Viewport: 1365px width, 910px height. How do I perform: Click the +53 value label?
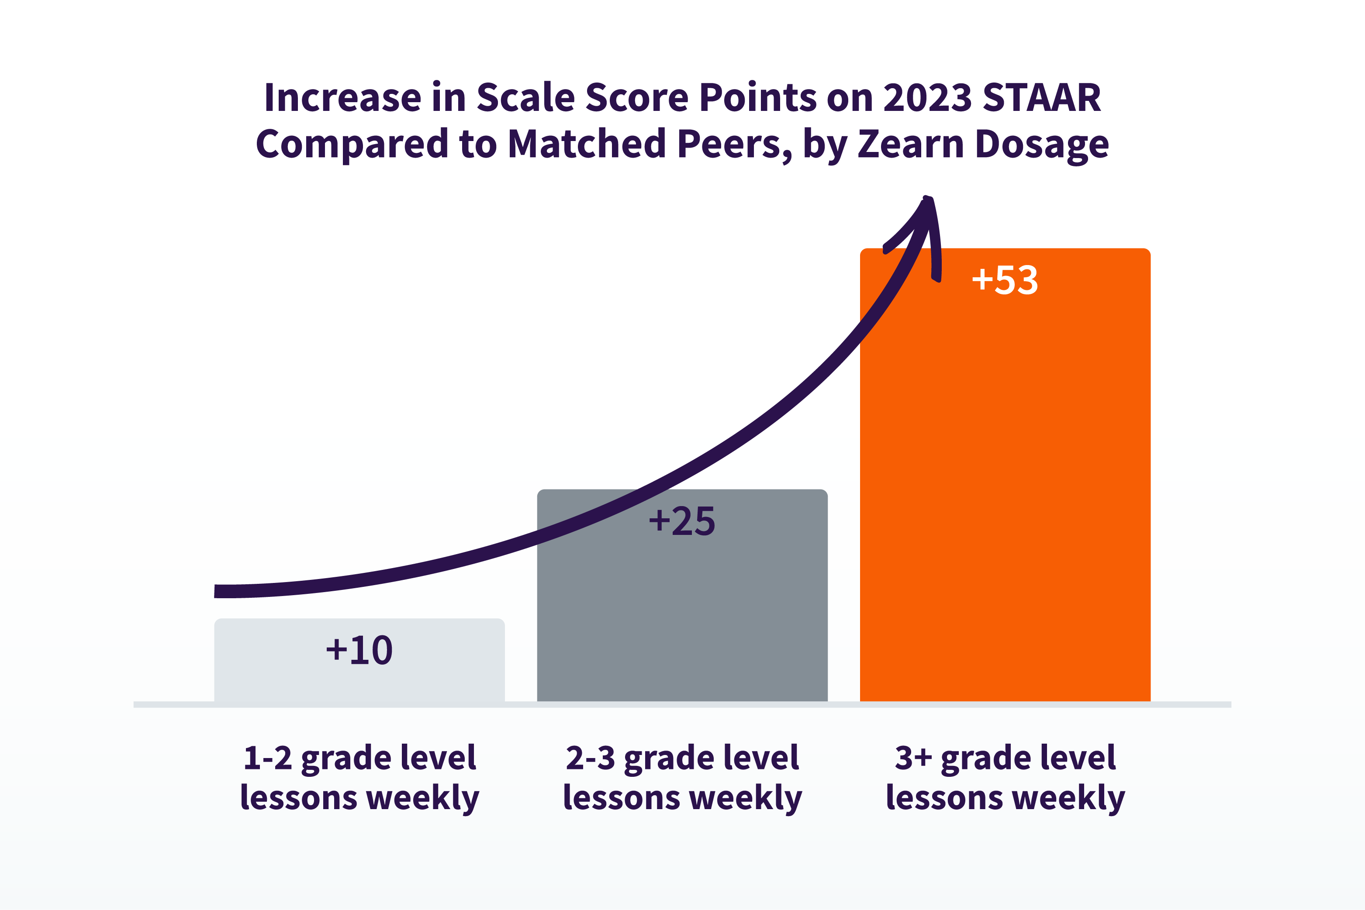1005,280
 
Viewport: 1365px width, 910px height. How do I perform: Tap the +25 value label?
682,521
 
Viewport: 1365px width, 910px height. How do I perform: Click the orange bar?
1005,493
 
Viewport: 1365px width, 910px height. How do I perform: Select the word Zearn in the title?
910,144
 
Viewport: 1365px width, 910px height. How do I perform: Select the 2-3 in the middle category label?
590,758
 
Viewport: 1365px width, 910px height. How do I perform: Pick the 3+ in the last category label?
913,758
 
